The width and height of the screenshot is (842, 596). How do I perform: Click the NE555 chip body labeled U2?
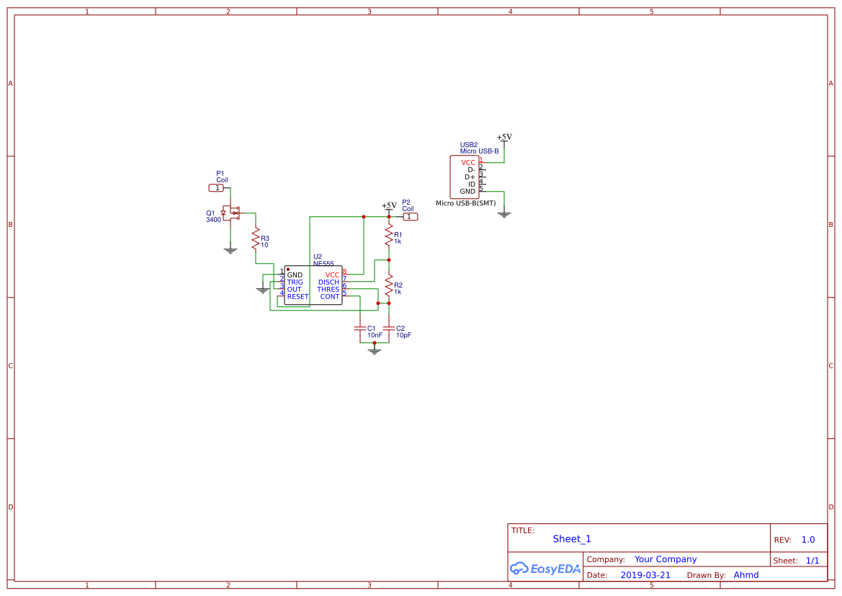tap(313, 285)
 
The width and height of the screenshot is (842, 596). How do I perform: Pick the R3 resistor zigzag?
tap(255, 239)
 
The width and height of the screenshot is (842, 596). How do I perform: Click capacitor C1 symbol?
tap(360, 328)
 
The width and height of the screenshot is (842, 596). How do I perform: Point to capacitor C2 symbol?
tap(389, 328)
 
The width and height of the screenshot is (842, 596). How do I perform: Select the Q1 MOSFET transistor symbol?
tap(231, 213)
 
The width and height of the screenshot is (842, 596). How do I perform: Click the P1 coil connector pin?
tap(216, 188)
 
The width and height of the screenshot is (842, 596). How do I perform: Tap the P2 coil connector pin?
tap(409, 216)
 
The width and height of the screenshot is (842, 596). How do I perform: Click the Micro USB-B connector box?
tap(465, 177)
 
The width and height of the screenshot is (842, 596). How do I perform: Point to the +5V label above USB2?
tap(504, 137)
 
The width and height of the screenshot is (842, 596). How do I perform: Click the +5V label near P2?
tap(389, 205)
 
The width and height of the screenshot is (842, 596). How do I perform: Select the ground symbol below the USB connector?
tap(504, 214)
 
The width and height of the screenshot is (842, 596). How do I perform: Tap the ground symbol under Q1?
tap(230, 250)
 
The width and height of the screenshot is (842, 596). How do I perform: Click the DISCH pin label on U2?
tap(328, 283)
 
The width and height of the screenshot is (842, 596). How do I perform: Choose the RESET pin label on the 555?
tap(297, 297)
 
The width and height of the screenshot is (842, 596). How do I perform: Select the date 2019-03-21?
tap(645, 575)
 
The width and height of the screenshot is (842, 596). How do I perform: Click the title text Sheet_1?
tap(572, 539)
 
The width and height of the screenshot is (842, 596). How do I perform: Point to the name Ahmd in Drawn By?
tap(745, 575)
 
